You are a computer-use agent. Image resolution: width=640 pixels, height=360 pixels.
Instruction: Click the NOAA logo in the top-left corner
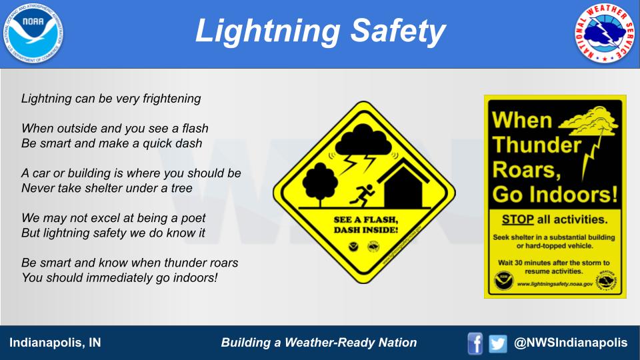33,33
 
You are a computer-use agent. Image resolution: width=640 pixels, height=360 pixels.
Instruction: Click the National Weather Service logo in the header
605,33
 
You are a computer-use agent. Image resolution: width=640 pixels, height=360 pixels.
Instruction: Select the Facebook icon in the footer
475,343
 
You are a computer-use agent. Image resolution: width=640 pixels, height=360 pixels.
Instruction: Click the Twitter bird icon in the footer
497,343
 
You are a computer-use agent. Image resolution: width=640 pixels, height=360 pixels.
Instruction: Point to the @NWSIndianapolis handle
571,343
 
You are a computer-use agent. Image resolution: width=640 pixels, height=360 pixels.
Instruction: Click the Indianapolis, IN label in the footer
55,343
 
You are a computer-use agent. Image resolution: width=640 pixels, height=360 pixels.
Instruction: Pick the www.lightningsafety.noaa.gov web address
555,283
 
